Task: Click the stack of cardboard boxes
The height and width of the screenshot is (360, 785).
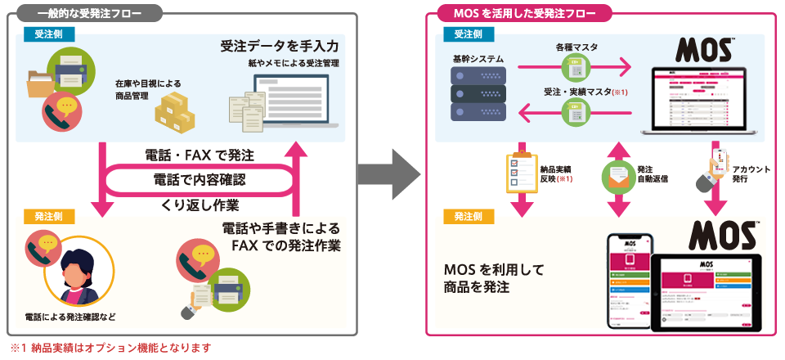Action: click(178, 108)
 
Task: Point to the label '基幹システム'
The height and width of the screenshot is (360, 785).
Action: click(478, 61)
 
